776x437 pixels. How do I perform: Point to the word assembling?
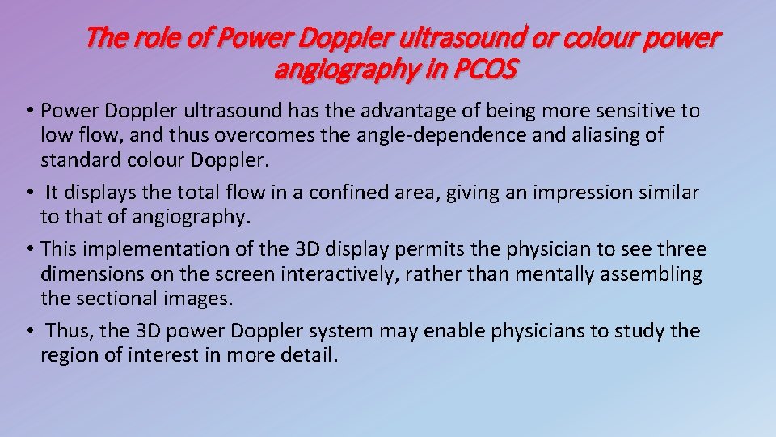651,274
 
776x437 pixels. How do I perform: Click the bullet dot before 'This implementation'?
30,249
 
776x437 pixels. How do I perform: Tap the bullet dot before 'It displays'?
30,193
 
